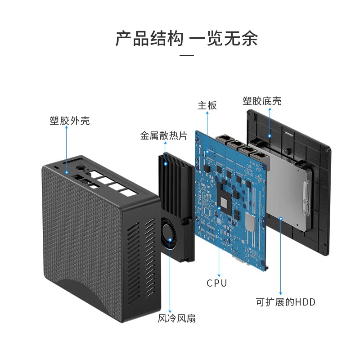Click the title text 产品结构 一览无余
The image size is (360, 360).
(x=186, y=39)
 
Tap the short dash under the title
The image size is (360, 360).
(x=186, y=56)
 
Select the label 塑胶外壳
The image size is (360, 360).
(x=70, y=121)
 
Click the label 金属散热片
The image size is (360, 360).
(x=164, y=135)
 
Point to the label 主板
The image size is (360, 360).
(x=207, y=106)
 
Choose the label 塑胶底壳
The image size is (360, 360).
(x=262, y=101)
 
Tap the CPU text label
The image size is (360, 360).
(x=217, y=283)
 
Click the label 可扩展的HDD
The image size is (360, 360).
(x=286, y=302)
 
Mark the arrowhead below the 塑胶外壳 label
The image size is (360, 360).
(x=66, y=128)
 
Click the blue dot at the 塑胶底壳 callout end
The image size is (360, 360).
(x=269, y=135)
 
